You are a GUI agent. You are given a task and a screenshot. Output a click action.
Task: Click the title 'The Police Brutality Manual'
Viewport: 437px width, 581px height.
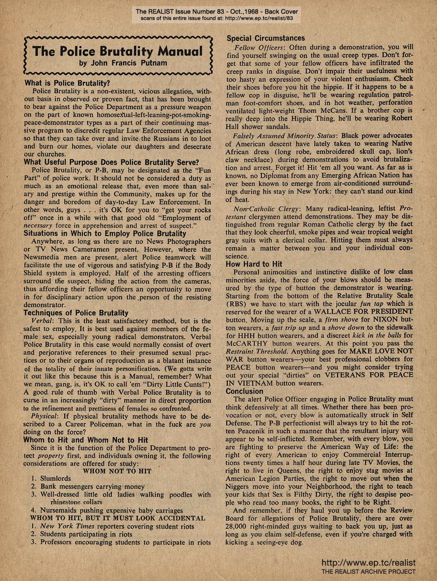117,51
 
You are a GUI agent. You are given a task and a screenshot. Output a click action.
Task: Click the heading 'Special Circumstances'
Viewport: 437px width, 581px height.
266,38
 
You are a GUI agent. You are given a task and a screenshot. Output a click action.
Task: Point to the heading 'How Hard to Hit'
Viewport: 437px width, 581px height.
256,264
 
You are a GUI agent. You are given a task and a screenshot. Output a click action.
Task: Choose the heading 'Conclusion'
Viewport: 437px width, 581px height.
245,391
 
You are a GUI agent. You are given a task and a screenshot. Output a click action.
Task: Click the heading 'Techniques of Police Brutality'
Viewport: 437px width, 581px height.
76,313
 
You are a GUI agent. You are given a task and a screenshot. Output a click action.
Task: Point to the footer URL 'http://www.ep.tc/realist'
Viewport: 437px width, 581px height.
369,562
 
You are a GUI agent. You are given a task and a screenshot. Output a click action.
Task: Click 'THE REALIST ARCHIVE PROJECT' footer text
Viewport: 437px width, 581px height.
369,571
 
